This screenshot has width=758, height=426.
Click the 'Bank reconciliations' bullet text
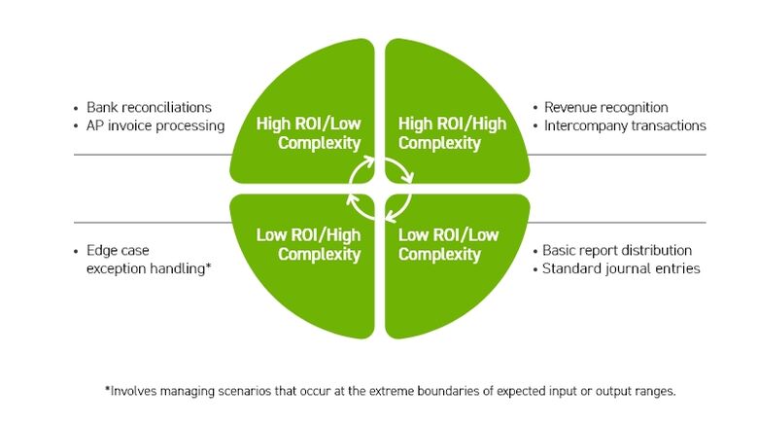[149, 107]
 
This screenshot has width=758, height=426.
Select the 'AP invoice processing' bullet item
[155, 125]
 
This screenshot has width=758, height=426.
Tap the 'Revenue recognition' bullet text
[605, 107]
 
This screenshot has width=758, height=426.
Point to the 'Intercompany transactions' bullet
[624, 125]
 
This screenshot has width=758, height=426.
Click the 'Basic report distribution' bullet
[616, 250]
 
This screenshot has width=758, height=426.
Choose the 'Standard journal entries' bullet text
[620, 268]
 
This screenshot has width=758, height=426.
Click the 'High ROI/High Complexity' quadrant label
[452, 133]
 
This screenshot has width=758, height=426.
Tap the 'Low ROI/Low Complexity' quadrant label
[448, 244]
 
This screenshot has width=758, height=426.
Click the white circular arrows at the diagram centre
[380, 189]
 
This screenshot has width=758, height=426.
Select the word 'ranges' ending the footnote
[652, 391]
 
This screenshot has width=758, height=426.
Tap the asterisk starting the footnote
[107, 389]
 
